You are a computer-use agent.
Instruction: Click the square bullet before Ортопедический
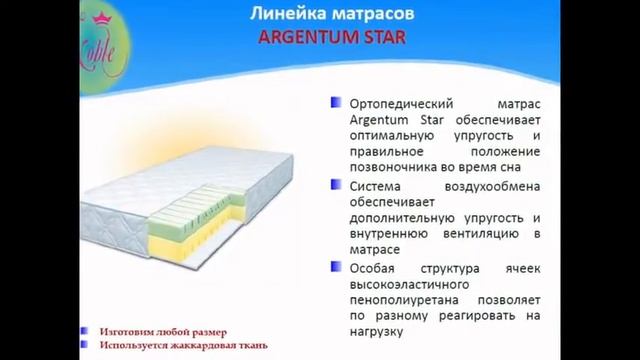tap(334, 102)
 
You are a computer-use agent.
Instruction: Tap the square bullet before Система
tap(334, 184)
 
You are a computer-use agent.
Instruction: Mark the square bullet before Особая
tap(334, 265)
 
